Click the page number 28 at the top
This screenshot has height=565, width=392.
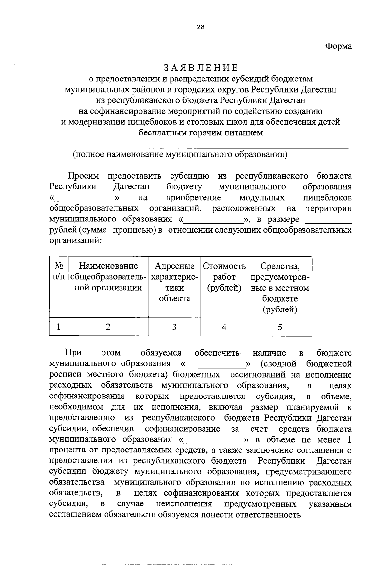(x=200, y=27)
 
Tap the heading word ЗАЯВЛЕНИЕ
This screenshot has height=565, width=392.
(x=201, y=68)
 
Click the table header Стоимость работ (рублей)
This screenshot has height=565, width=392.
(x=224, y=277)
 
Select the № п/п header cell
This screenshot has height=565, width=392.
(x=59, y=272)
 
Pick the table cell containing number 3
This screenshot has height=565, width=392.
(x=174, y=327)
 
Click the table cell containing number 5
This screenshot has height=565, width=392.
(x=280, y=327)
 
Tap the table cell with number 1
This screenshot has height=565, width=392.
(x=59, y=327)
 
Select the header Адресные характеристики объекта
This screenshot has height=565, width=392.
(x=174, y=282)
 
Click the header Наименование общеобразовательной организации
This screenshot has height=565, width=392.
(x=108, y=277)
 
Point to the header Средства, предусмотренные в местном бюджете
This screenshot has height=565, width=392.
(x=280, y=287)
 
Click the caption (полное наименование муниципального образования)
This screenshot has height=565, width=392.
(x=180, y=154)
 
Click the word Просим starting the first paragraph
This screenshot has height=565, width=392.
(x=83, y=176)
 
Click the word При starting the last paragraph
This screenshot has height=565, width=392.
(x=73, y=353)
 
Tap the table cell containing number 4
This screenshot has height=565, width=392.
(x=224, y=327)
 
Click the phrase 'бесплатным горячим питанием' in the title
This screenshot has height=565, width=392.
(x=201, y=133)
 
